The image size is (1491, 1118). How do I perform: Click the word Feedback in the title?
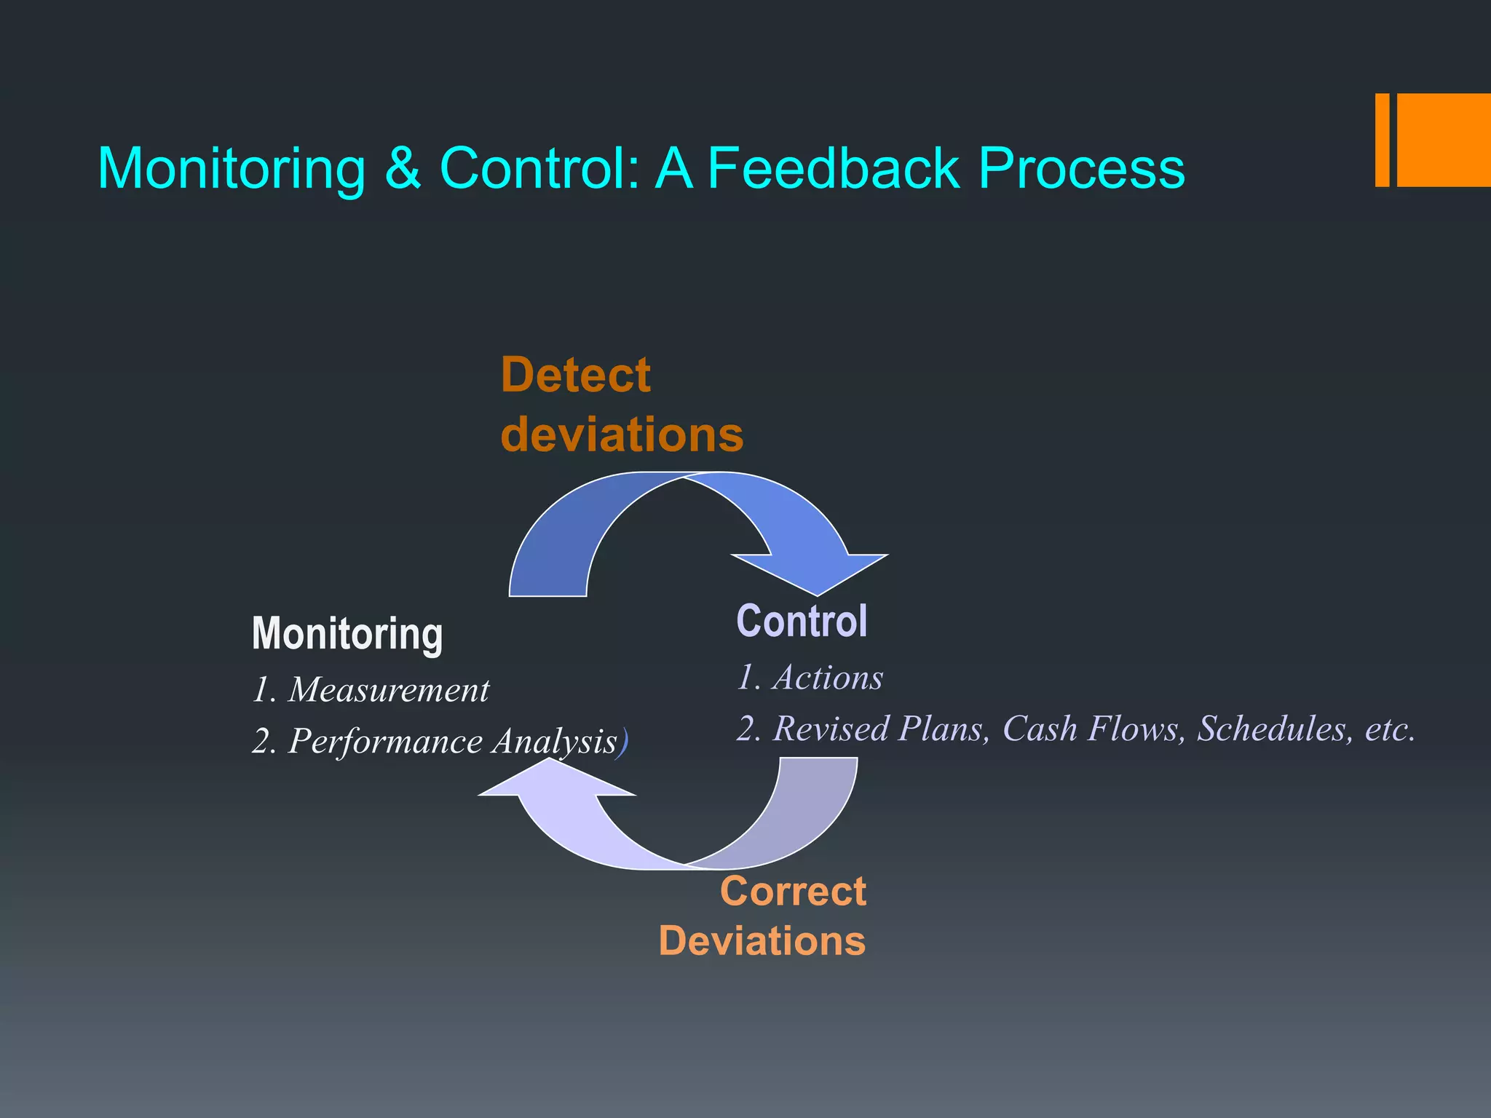[834, 169]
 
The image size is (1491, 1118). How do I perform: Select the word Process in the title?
[1081, 169]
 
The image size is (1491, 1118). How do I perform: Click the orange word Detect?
[575, 376]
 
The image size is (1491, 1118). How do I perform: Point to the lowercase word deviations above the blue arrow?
[622, 435]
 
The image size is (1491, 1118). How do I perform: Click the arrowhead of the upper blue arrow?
[815, 572]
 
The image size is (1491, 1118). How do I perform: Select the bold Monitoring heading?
[347, 633]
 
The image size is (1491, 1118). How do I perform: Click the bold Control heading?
[802, 622]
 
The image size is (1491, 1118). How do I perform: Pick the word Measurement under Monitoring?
[389, 690]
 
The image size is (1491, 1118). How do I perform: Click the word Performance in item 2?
[385, 742]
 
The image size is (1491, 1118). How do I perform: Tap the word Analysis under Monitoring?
[554, 742]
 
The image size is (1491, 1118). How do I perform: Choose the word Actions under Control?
[828, 678]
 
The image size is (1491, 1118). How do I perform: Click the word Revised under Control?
[831, 729]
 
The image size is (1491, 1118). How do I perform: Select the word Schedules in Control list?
[1271, 729]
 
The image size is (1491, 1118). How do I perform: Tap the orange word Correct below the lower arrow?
[793, 892]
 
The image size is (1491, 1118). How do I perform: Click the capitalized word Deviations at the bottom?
[762, 941]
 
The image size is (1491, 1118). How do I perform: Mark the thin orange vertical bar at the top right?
[1382, 140]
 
